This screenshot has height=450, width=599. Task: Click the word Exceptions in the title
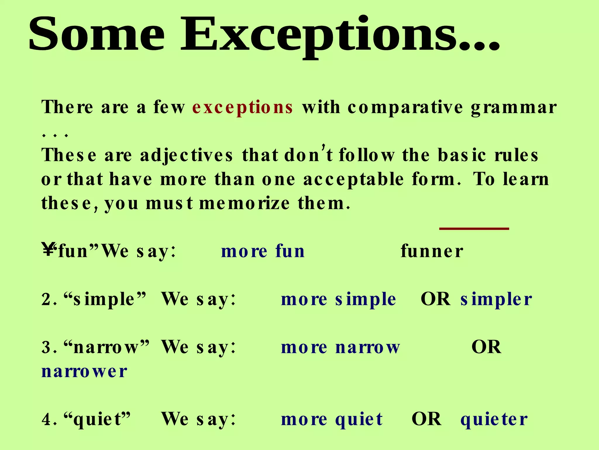[339, 35]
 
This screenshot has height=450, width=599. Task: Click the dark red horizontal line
[474, 229]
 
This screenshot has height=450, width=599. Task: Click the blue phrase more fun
[263, 251]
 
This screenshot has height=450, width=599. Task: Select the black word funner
[432, 251]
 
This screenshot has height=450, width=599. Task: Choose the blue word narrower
[84, 371]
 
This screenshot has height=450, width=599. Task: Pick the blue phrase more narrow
[340, 347]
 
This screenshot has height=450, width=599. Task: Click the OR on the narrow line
[486, 347]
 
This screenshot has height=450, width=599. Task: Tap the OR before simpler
[436, 299]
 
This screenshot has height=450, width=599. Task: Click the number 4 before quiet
[46, 420]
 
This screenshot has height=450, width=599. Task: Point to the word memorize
[245, 203]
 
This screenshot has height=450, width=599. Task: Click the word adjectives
[187, 156]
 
